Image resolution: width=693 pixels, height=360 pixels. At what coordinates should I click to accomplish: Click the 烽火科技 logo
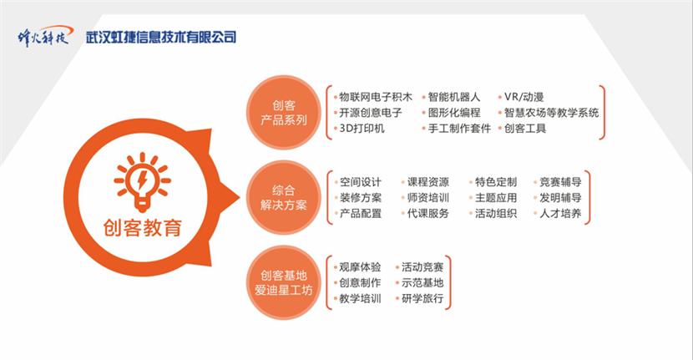point(44,36)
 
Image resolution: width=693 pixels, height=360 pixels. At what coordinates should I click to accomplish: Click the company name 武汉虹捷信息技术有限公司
point(161,37)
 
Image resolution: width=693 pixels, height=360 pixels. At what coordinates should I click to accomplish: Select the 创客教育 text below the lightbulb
point(142,228)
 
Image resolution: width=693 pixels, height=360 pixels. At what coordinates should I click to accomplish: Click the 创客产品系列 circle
point(283,112)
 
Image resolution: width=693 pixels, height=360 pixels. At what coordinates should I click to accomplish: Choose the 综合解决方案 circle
point(283,197)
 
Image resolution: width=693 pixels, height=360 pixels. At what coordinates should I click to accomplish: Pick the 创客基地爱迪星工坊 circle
point(283,282)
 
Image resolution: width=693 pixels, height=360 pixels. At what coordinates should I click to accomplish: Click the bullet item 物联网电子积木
point(375,97)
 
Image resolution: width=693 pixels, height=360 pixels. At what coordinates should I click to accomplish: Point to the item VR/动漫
point(524,97)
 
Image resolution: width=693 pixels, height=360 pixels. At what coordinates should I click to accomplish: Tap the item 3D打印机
point(362,129)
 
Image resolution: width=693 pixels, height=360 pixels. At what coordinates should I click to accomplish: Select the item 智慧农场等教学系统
point(551,112)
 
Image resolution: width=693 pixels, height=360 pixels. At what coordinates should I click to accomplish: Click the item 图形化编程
point(454,112)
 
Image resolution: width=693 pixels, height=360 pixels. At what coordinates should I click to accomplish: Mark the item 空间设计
point(360,182)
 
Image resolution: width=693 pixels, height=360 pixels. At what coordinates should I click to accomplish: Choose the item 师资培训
point(427,198)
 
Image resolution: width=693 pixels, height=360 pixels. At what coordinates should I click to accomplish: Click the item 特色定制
point(495,182)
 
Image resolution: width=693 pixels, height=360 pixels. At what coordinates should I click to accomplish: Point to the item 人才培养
point(560,213)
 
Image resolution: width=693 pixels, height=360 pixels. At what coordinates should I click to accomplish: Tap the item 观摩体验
point(360,267)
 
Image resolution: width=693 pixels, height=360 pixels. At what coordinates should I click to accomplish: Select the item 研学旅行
point(422,298)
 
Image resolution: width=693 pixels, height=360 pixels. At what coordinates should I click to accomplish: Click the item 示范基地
point(422,282)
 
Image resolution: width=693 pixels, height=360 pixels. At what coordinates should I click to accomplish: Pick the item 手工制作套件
point(459,129)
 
